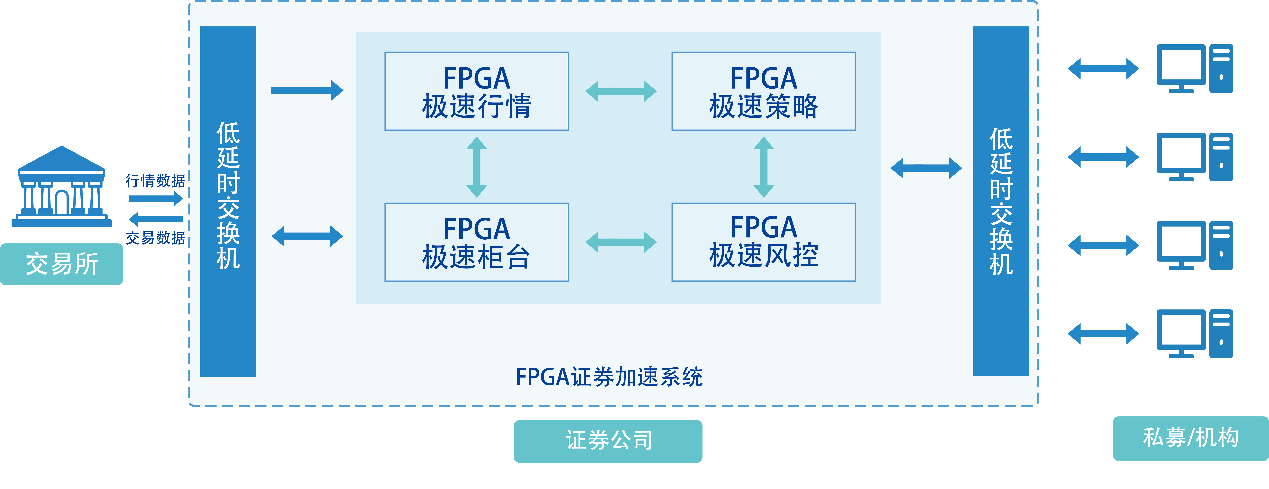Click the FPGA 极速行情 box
tap(476, 91)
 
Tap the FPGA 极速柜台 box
tap(476, 242)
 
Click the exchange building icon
tap(62, 187)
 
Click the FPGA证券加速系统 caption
tap(609, 377)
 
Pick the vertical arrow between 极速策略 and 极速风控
tap(764, 167)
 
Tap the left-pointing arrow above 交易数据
tap(155, 219)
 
